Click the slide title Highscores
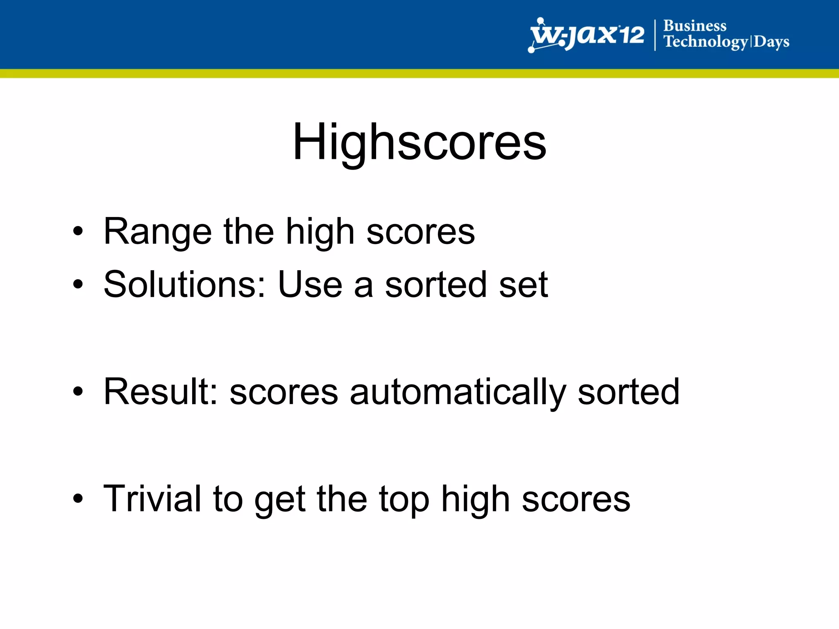419,142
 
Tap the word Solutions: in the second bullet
185,285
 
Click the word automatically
458,392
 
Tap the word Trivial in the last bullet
152,499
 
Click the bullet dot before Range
78,232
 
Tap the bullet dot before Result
78,391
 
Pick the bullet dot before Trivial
78,498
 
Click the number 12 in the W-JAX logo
631,35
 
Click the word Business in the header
695,26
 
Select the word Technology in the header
705,42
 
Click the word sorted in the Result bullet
628,392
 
